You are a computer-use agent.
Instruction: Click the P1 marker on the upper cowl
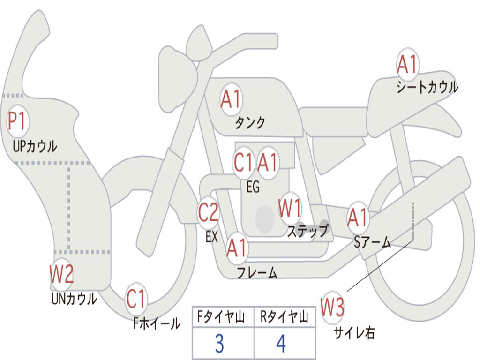coord(17,121)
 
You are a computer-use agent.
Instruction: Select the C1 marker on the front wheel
coord(136,299)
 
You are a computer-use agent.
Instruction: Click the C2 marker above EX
coord(209,212)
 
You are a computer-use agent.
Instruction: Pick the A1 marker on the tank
coord(232,99)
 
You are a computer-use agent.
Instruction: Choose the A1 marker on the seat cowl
coord(407,64)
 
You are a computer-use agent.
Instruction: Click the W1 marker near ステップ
coord(290,209)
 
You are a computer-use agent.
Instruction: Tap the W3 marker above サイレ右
coord(332,307)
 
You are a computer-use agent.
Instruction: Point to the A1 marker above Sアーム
coord(358,217)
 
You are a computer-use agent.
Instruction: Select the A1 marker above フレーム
coord(237,247)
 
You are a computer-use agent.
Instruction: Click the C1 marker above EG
coord(243,163)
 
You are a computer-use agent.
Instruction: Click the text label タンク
coord(250,123)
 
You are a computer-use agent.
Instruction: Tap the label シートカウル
coord(427,87)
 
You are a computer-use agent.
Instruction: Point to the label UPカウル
coord(35,146)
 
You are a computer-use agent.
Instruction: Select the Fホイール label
coord(157,323)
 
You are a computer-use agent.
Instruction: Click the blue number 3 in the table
coord(220,344)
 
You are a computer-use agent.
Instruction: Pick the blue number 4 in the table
coord(281,344)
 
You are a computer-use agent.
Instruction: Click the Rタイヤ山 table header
coord(284,317)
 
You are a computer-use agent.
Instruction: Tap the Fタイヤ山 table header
coord(221,317)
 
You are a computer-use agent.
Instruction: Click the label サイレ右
coord(354,333)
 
